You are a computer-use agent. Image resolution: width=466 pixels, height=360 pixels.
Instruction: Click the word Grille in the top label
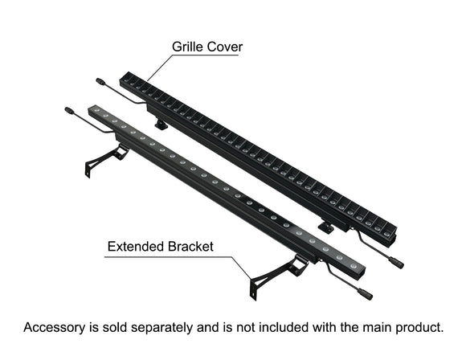[x=189, y=47]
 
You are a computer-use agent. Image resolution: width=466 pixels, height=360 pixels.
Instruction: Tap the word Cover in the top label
[x=226, y=47]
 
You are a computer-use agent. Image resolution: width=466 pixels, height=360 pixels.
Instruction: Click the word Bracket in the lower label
[x=190, y=246]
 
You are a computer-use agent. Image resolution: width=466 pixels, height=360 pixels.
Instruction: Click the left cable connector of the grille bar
[x=100, y=81]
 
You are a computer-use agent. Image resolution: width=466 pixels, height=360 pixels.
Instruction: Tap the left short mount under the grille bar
[x=161, y=123]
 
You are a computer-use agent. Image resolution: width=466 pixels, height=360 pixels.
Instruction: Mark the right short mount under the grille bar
[x=325, y=228]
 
